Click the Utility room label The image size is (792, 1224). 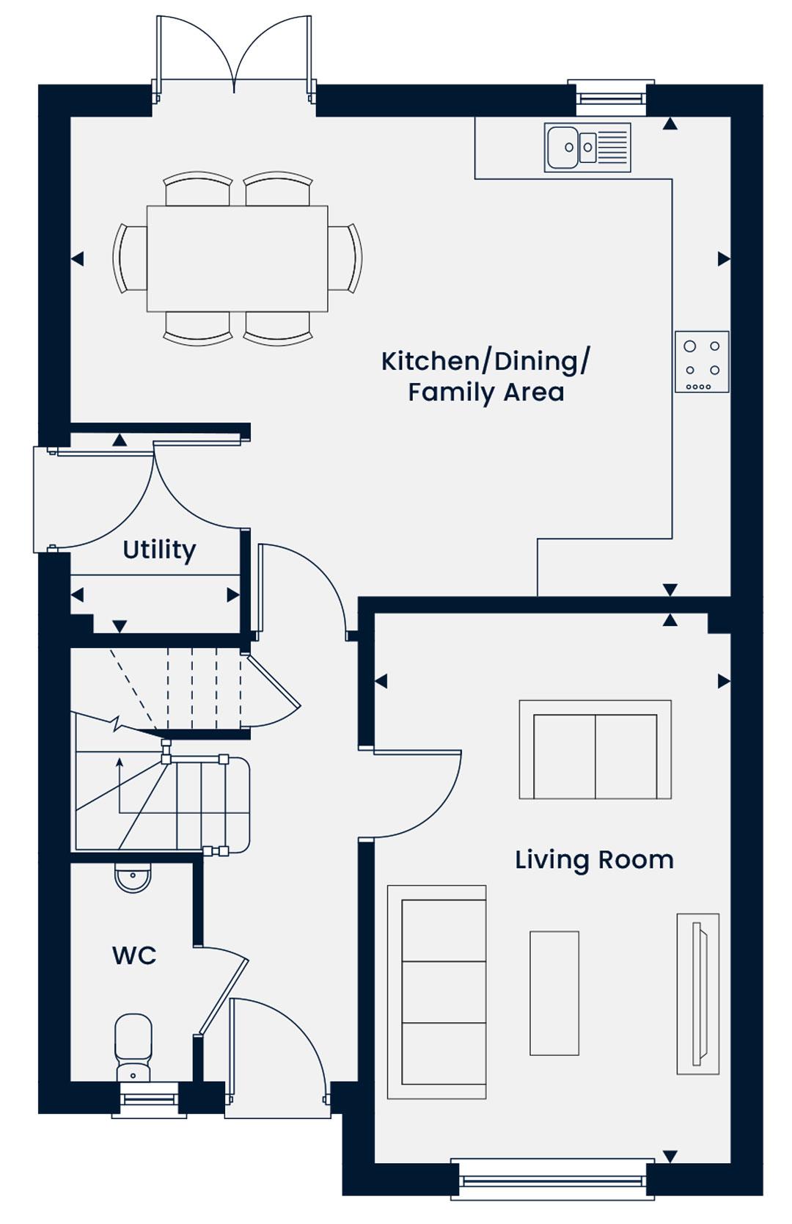(x=159, y=550)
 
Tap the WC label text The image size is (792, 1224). (x=134, y=955)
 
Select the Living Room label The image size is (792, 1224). (x=594, y=859)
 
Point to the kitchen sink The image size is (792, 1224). (x=587, y=147)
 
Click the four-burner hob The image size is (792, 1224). (x=702, y=362)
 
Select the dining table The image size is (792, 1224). (x=237, y=258)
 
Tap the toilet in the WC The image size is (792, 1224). (x=133, y=1048)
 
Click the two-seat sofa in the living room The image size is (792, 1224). (x=595, y=750)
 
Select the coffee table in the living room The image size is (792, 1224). (x=554, y=993)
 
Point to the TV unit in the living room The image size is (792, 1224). (x=698, y=994)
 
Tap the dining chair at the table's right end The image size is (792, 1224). (x=345, y=258)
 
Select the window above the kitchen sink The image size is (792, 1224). (x=611, y=98)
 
